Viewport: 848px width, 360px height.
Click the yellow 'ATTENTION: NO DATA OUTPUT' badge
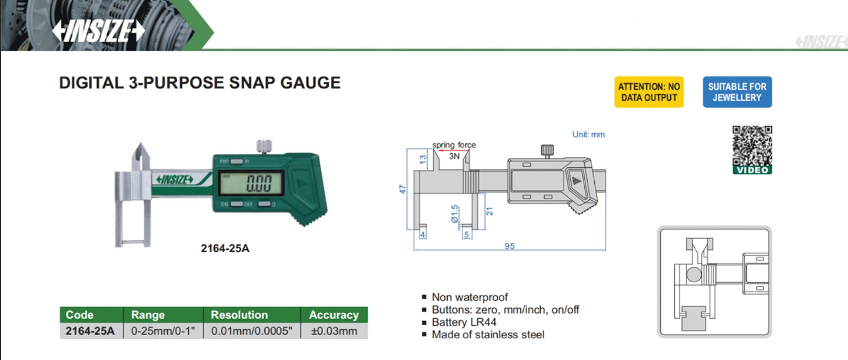click(649, 92)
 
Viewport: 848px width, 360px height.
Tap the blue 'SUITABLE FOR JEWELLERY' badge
click(737, 92)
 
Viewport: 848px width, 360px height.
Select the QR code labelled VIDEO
click(752, 150)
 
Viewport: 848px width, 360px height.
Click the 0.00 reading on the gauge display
click(259, 183)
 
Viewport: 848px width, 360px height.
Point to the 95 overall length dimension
click(510, 246)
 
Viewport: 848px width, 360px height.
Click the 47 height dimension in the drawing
click(403, 189)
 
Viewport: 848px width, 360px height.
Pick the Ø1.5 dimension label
click(455, 213)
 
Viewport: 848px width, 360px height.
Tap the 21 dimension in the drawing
click(489, 211)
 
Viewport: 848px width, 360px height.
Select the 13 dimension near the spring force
click(423, 159)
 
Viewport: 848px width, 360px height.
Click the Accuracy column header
click(334, 315)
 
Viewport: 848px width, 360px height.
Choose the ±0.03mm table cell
click(334, 331)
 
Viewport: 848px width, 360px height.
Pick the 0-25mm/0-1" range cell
click(163, 331)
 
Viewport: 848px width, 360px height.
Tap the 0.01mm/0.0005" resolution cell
click(252, 331)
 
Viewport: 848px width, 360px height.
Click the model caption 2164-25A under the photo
click(225, 248)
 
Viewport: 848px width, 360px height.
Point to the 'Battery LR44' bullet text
click(464, 322)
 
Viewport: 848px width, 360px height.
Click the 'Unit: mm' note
click(588, 134)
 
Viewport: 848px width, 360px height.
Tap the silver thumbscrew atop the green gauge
click(264, 146)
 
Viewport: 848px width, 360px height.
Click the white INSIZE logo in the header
click(98, 31)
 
